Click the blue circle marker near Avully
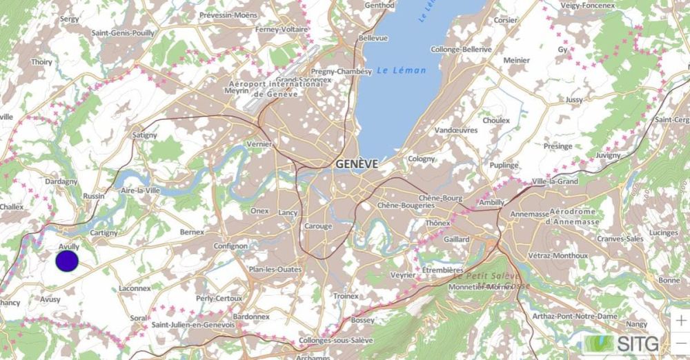(66, 261)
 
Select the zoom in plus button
(680, 321)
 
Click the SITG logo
(620, 343)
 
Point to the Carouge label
(317, 226)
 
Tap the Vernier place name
(259, 144)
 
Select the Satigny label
(144, 135)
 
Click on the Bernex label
(192, 232)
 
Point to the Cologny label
(421, 159)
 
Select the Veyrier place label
(403, 274)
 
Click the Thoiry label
(41, 61)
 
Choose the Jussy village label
(573, 100)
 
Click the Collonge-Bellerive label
(461, 50)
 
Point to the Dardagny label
(61, 181)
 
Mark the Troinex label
(346, 295)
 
